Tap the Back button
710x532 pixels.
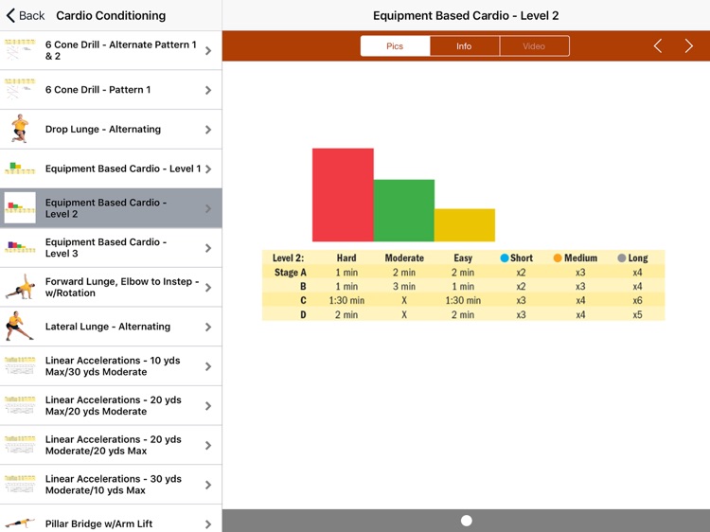(26, 15)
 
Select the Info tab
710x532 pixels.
(464, 46)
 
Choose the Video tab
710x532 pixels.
(534, 46)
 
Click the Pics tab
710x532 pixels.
(395, 46)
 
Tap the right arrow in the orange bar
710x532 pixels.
(688, 46)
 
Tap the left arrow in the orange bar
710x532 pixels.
(658, 46)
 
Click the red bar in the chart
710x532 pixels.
(343, 194)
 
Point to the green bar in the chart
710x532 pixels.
(404, 210)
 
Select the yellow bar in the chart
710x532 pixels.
(465, 225)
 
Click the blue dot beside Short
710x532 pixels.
(505, 257)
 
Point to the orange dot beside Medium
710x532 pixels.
(558, 257)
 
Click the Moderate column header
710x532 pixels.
(404, 257)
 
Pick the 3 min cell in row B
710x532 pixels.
(404, 286)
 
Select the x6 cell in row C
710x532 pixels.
(637, 300)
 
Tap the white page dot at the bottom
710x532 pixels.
(466, 521)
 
